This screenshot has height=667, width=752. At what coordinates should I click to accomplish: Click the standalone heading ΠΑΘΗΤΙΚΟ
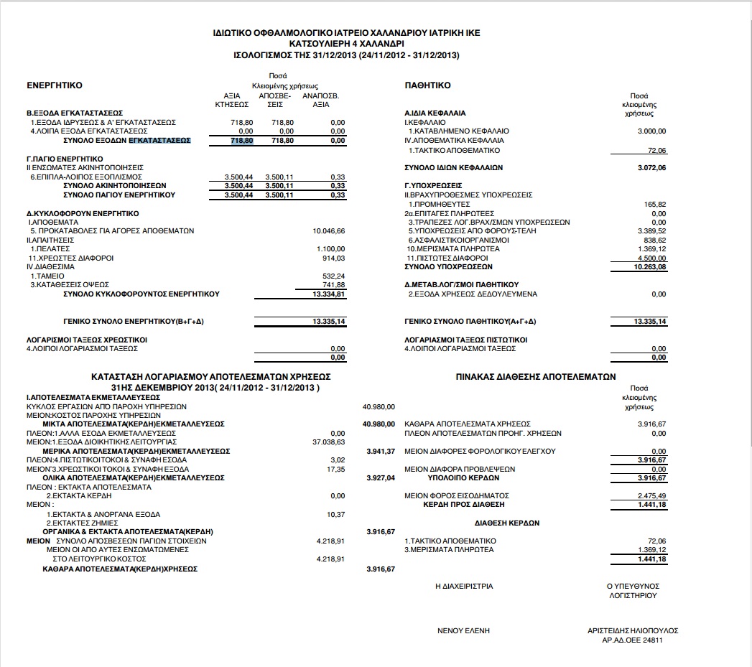pos(428,85)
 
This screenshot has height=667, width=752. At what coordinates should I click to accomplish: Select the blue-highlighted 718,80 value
pos(242,141)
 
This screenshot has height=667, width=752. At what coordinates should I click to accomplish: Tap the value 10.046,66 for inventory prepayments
pos(330,231)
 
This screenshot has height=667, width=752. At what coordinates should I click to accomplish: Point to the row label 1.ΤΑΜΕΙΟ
pos(47,276)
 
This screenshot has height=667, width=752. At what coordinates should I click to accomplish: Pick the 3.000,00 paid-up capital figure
pos(651,131)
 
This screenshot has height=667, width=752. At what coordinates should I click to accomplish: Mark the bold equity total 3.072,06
pos(651,168)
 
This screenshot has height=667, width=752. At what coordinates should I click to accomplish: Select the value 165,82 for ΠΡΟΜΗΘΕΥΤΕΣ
pos(656,205)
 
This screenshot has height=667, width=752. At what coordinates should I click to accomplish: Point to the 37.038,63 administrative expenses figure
pos(330,442)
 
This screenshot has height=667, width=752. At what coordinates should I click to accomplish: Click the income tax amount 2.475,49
pos(652,496)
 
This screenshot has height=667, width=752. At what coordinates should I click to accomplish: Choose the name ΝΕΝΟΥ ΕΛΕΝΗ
pos(463,630)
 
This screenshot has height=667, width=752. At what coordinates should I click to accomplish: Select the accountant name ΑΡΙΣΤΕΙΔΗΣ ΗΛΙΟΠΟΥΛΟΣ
pos(633,630)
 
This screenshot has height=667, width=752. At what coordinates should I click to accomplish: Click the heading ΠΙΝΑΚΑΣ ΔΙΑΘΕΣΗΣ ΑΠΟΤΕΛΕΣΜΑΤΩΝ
pos(535,376)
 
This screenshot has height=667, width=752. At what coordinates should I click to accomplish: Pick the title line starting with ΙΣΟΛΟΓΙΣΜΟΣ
pos(347,55)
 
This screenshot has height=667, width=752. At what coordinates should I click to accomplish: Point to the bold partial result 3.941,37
pos(381,451)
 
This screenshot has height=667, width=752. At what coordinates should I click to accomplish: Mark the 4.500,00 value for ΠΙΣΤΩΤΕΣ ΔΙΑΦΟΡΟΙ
pos(651,258)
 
